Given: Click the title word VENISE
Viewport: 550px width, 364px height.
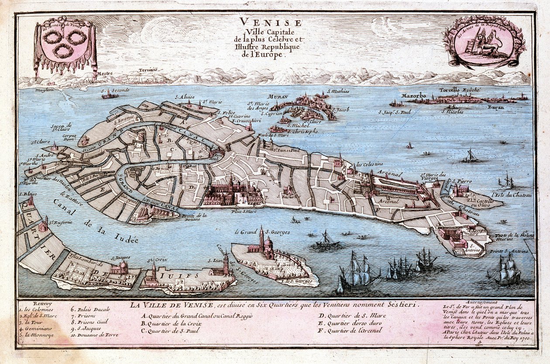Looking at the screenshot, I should coord(269,23).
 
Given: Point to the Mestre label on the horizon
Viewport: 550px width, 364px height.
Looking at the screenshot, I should coord(105,74).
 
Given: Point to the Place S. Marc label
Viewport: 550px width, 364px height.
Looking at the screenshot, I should coord(244,211).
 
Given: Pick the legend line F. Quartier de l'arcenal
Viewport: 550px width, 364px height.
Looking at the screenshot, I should coord(351,330).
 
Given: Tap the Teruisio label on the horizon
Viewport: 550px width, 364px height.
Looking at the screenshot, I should coord(148,70).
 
